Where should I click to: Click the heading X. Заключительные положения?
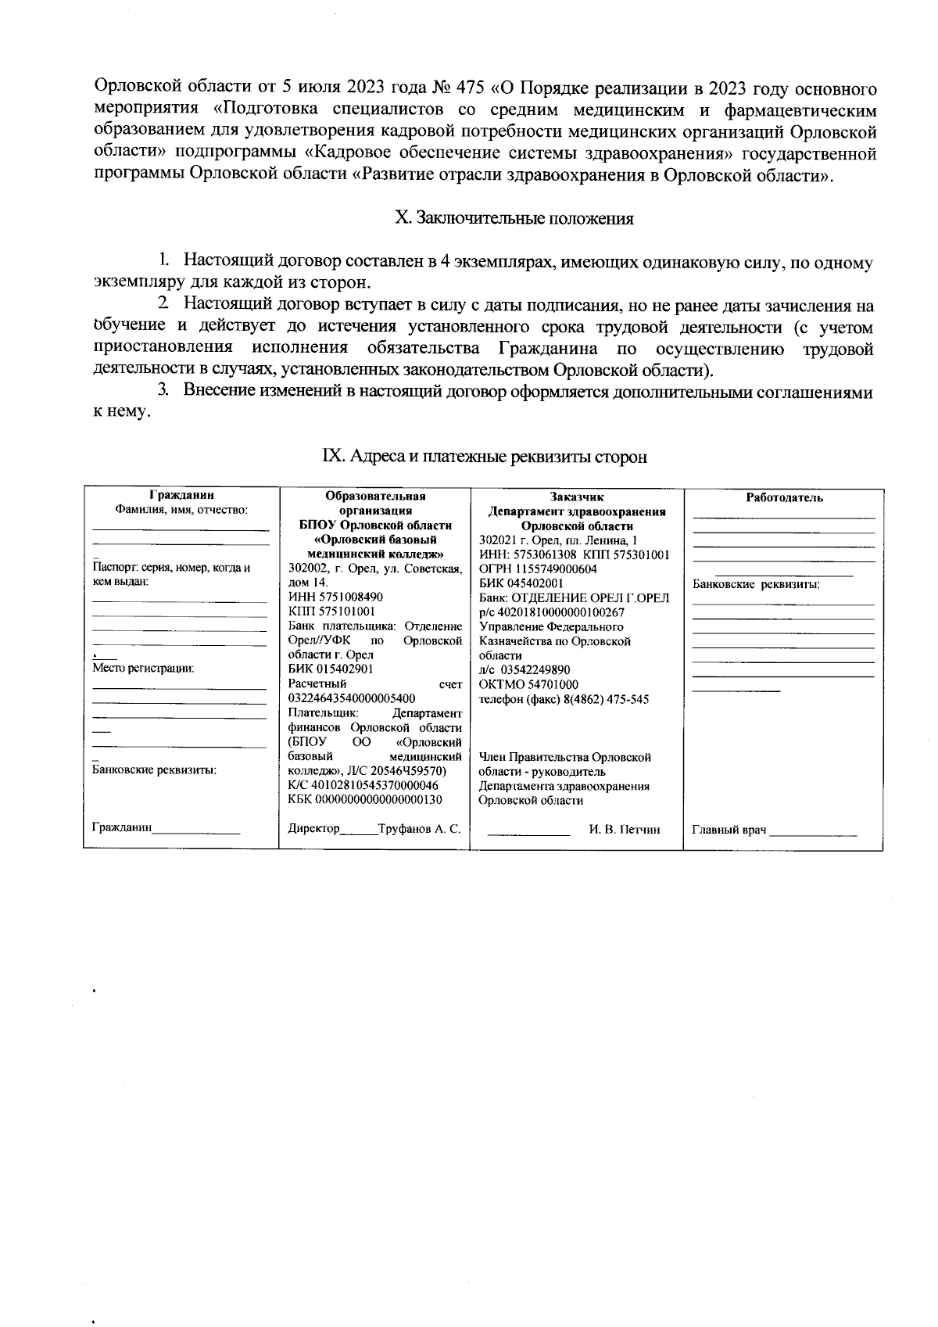coord(514,218)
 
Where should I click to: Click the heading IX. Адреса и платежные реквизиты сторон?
coord(485,457)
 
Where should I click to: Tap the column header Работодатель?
coord(784,498)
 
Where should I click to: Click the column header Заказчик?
coord(577,497)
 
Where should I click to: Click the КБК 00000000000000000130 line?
coord(364,800)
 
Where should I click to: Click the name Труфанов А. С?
coord(419,829)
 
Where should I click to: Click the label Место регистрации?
coord(142,669)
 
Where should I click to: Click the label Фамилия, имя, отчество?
coord(181,510)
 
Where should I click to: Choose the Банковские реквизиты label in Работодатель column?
coord(756,584)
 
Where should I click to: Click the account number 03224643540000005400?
coord(352,698)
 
